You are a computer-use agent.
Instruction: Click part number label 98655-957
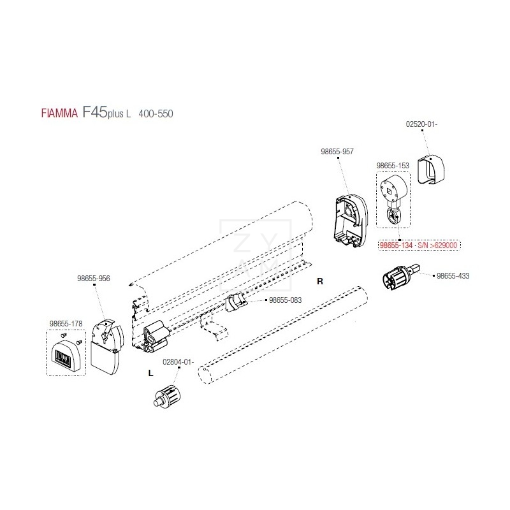(338, 152)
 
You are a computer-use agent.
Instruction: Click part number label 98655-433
(452, 276)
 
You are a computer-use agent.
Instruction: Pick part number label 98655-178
(66, 324)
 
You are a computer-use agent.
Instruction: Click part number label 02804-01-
(178, 362)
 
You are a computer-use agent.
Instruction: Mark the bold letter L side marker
(150, 374)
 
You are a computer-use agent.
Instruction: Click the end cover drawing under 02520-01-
(431, 169)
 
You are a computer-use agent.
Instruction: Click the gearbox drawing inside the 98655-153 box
(392, 198)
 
